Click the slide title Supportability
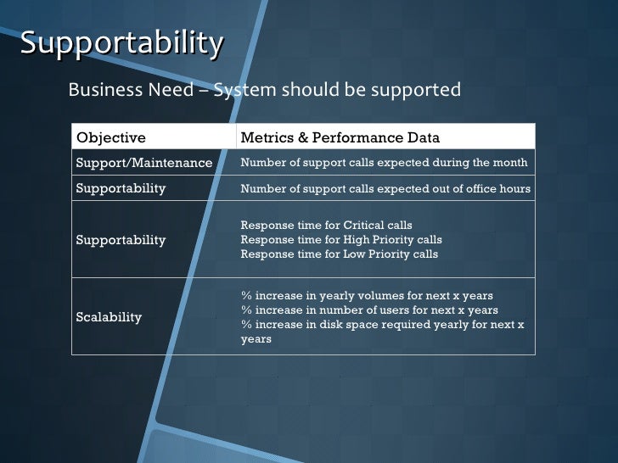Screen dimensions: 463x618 pyautogui.click(x=122, y=42)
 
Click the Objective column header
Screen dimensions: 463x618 pyautogui.click(x=110, y=138)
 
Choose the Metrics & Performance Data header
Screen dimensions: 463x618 pyautogui.click(x=340, y=138)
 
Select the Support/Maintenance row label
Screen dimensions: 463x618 pyautogui.click(x=143, y=163)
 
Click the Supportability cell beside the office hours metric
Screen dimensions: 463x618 pyautogui.click(x=121, y=188)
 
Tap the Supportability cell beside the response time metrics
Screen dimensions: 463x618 pyautogui.click(x=121, y=240)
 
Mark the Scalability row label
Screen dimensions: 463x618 pyautogui.click(x=109, y=317)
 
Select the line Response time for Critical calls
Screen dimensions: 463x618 pyautogui.click(x=326, y=226)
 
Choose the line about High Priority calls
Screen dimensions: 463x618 pyautogui.click(x=341, y=240)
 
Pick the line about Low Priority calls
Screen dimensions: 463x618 pyautogui.click(x=340, y=254)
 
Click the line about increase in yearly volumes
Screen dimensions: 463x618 pyautogui.click(x=367, y=296)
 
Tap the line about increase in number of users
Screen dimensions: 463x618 pyautogui.click(x=369, y=310)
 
